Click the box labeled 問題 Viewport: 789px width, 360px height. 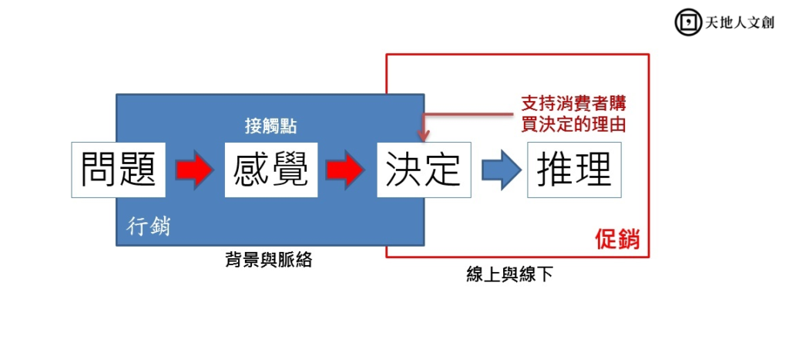(x=119, y=170)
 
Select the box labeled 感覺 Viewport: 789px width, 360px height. (x=270, y=170)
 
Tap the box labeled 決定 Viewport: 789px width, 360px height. (x=422, y=170)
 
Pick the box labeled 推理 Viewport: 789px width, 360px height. (x=574, y=170)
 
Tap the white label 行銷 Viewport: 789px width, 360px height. (x=149, y=227)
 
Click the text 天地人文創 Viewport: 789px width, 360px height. (x=739, y=22)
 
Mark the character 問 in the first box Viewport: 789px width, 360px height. (x=100, y=170)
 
